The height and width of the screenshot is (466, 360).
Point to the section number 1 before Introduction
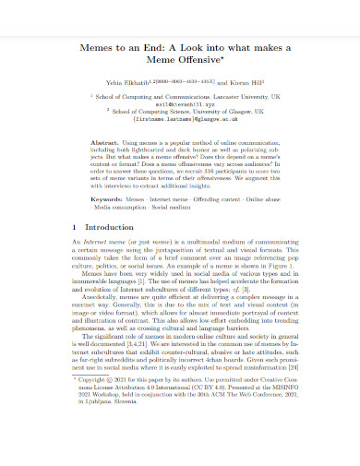click(x=74, y=227)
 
